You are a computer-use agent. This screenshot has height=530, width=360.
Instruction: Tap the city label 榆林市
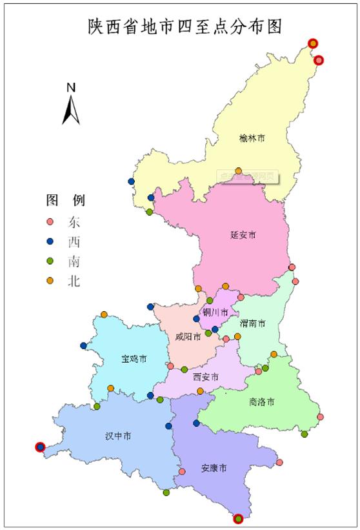(252, 138)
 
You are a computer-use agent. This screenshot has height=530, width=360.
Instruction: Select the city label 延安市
(243, 235)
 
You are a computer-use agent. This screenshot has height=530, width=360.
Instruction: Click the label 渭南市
(252, 323)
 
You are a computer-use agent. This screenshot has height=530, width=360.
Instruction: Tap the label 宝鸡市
(134, 358)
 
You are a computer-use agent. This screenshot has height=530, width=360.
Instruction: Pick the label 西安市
(205, 376)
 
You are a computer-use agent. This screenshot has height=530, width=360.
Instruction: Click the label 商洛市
(261, 402)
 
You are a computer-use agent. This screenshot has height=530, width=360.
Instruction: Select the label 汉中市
(118, 436)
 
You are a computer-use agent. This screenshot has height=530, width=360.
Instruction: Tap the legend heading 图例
(65, 199)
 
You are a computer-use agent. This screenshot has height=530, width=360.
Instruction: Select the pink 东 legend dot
(50, 222)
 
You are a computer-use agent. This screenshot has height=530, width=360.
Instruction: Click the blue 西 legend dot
(50, 242)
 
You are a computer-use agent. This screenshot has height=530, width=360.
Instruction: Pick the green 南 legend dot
(50, 262)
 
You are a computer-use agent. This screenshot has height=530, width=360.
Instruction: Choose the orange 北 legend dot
(50, 281)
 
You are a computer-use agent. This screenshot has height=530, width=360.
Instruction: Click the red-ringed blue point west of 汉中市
(40, 447)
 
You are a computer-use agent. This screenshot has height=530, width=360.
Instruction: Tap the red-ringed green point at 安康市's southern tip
(239, 518)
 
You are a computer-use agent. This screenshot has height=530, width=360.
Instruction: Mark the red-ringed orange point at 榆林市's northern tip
(313, 43)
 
